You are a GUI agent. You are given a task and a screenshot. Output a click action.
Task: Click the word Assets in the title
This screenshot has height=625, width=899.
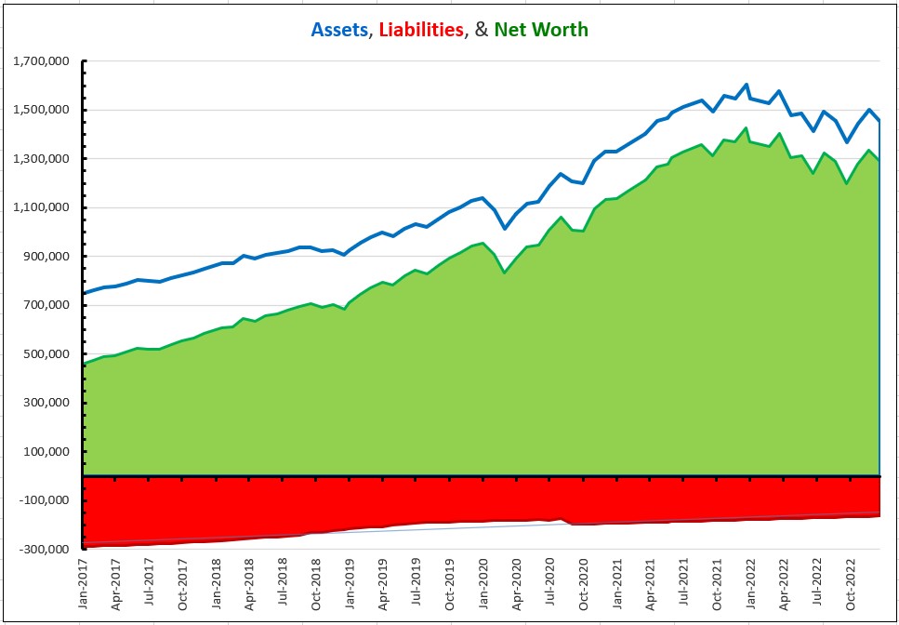[x=339, y=30]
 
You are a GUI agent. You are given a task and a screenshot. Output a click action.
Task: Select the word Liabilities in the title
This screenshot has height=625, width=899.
[x=419, y=30]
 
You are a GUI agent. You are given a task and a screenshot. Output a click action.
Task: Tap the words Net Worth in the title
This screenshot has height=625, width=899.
[x=541, y=30]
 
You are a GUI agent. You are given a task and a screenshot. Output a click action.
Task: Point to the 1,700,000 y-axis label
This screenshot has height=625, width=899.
[x=43, y=61]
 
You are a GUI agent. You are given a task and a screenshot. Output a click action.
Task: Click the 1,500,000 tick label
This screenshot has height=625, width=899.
[x=43, y=110]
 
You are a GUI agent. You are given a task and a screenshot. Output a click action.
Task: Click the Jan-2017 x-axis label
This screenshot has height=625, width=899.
[x=83, y=586]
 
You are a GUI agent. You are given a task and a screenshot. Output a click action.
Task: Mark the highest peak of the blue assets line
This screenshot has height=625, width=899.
[x=747, y=85]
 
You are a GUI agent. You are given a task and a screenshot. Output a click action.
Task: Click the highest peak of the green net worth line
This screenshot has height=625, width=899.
[x=746, y=128]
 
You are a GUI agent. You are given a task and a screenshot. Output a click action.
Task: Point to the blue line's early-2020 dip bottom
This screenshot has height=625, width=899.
[x=505, y=228]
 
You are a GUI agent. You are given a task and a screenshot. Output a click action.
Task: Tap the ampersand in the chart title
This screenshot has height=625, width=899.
[x=481, y=30]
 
